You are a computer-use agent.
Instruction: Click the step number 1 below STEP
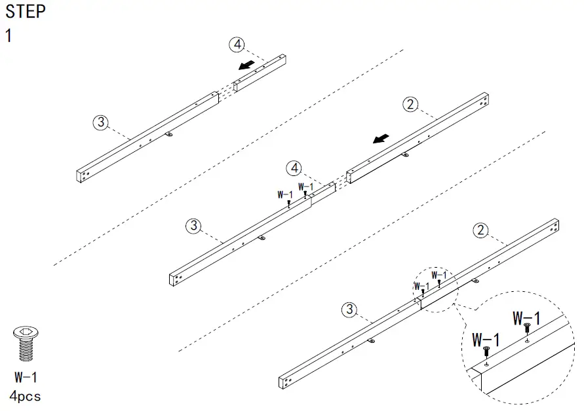tap(9, 35)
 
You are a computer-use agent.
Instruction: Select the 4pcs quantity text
tap(26, 396)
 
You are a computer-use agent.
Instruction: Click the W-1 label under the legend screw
tap(26, 378)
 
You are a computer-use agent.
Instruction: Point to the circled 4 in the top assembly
tap(237, 45)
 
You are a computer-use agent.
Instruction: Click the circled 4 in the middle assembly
tap(295, 168)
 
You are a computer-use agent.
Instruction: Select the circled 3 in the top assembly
tap(100, 122)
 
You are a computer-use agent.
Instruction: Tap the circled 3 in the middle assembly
tap(193, 226)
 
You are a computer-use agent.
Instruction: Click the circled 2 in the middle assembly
tap(410, 104)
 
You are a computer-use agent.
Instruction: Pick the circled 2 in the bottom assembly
tap(481, 230)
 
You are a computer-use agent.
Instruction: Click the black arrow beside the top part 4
tap(246, 64)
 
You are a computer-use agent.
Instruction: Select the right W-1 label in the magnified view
tap(526, 319)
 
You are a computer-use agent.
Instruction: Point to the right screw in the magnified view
tap(527, 334)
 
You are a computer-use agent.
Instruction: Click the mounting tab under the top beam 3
tap(169, 135)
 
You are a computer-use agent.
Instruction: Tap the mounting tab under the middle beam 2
tap(404, 155)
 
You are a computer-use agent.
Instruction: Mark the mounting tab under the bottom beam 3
tap(371, 341)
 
